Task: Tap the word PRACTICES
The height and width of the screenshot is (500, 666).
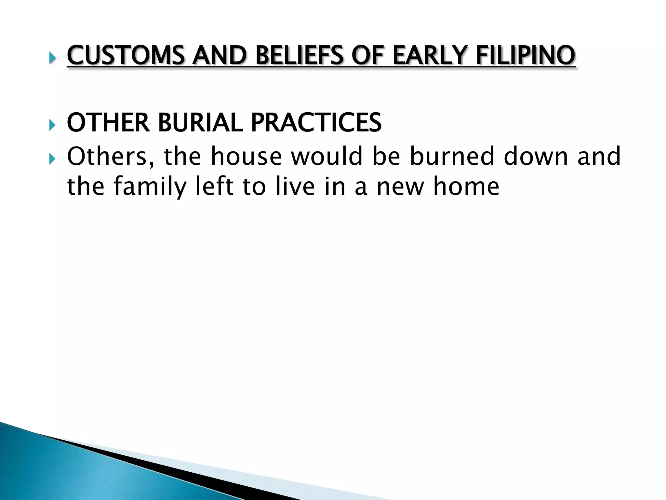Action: pos(316,123)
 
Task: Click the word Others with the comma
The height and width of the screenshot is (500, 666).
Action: pos(111,156)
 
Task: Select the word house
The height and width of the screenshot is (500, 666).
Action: pos(246,156)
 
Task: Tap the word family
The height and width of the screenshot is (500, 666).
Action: pos(150,187)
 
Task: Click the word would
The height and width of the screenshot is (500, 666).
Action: pos(326,156)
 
